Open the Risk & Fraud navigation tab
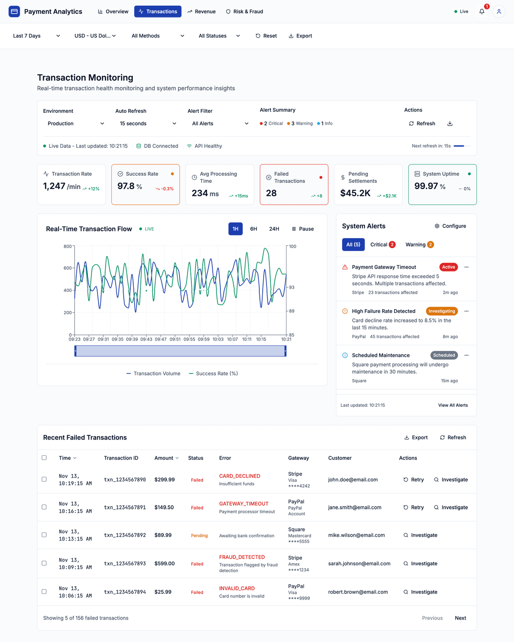(244, 11)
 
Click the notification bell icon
(482, 11)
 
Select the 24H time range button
(274, 229)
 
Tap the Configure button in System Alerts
(450, 226)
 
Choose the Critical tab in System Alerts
(382, 245)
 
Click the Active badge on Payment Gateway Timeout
(448, 267)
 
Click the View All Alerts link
(453, 405)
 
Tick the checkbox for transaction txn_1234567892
(44, 535)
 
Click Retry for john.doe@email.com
(414, 480)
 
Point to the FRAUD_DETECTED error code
(242, 557)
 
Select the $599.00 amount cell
(165, 563)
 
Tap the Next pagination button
(460, 618)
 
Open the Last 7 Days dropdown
(37, 36)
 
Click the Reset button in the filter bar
(266, 36)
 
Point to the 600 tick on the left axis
(68, 268)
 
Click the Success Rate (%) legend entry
(213, 374)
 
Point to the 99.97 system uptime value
(425, 186)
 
